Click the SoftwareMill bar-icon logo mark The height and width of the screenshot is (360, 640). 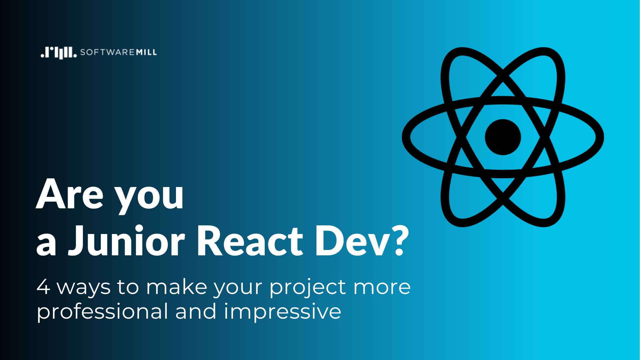coord(59,53)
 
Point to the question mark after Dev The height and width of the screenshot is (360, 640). coord(399,240)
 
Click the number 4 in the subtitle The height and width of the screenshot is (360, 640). coord(43,287)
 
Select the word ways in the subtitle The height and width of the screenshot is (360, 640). coord(83,288)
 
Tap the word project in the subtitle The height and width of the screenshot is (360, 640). coord(308,289)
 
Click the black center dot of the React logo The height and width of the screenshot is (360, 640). coord(503,137)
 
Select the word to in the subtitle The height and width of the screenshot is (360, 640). coord(128,287)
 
